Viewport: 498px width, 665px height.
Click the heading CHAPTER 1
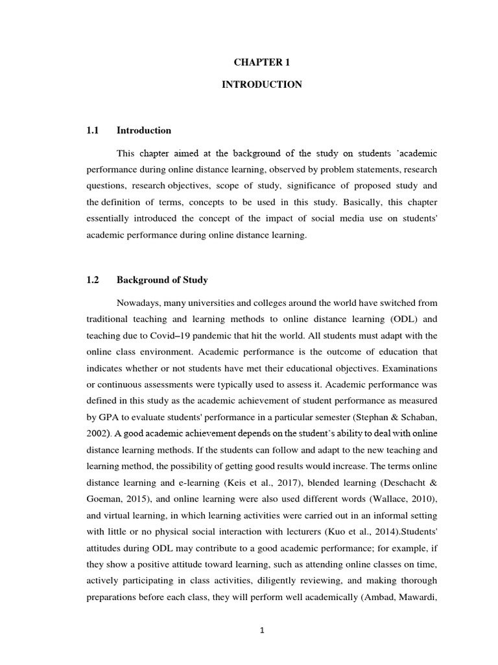click(261, 62)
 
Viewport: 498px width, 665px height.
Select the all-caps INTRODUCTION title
click(261, 85)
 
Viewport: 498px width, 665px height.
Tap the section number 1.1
click(91, 131)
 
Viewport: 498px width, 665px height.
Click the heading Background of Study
click(161, 280)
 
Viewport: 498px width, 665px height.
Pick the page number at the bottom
click(261, 629)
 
